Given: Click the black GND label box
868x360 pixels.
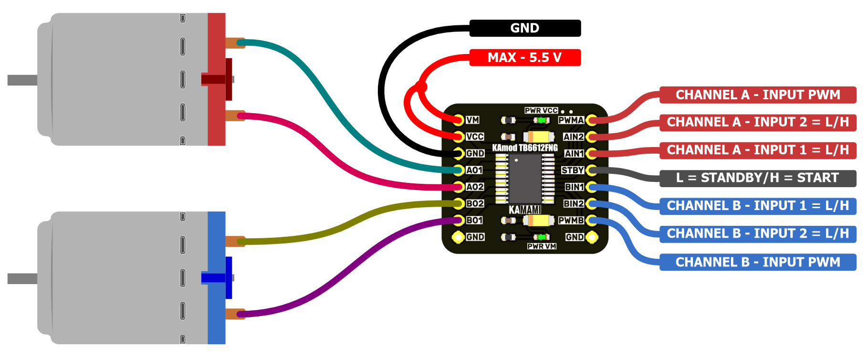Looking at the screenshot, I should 525,28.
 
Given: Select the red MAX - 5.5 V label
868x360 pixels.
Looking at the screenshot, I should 525,58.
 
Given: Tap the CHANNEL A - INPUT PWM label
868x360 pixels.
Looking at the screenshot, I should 758,95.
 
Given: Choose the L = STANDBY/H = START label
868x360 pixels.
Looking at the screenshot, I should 758,178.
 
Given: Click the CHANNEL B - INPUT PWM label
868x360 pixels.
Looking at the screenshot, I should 758,262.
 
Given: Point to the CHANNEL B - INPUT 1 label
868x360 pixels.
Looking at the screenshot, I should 758,206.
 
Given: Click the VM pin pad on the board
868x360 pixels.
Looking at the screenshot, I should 459,120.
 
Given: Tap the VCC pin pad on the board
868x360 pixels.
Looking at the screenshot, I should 459,137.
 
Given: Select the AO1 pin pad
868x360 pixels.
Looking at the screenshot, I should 459,170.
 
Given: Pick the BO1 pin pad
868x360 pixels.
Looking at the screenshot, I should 459,220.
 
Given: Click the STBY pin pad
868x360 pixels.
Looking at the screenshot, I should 592,170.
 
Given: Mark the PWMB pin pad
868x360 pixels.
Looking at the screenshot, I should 592,220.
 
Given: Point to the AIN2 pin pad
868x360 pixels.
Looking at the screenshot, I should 592,137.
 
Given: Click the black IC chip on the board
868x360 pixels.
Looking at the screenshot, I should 525,179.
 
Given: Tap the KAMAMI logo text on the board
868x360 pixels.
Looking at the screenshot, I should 525,210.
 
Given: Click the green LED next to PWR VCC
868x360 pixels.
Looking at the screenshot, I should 541,120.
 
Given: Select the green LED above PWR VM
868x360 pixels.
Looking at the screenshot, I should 541,237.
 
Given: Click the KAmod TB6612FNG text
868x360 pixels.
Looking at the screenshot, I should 525,148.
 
